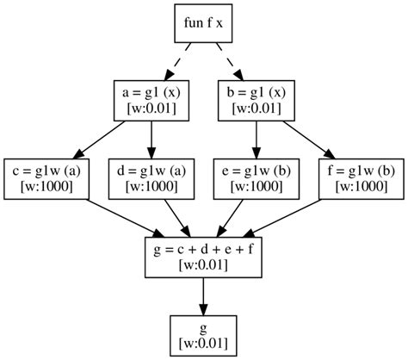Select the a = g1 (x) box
tap(151, 99)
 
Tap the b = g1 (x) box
tap(256, 99)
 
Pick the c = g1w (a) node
tap(47, 177)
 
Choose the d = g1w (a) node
tap(151, 177)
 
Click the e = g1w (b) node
tap(256, 177)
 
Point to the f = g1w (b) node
tap(360, 177)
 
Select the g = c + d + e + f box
tap(203, 256)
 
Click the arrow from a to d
tap(151, 138)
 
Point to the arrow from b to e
tap(256, 138)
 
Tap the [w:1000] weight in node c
tap(47, 186)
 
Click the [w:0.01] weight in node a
tap(151, 108)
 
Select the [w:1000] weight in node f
tap(360, 186)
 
